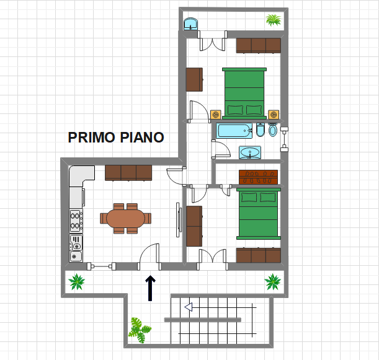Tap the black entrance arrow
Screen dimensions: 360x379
149,288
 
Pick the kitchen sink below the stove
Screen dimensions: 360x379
76,248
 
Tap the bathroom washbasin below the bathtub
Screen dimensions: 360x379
251,152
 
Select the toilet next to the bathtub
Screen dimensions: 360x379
261,131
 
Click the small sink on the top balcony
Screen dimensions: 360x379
191,24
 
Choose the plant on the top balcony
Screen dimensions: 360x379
273,20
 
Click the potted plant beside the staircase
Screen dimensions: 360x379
139,330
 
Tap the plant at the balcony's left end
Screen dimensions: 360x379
77,282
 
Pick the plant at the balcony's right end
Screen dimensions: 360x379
272,282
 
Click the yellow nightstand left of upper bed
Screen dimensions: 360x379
215,114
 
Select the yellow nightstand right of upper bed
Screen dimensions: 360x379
274,114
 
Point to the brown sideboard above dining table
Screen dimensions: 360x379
128,173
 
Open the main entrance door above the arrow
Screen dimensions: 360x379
149,257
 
